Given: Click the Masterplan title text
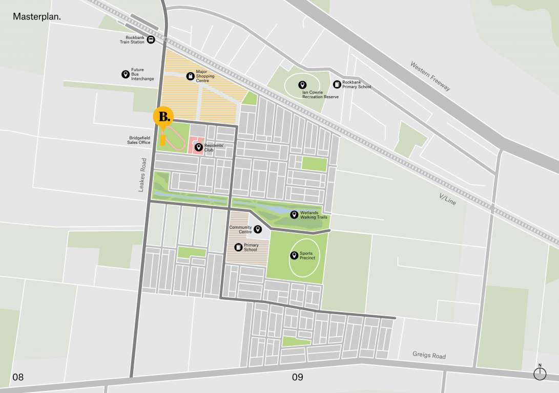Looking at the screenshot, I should (37, 16).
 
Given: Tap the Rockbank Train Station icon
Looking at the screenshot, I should (151, 40).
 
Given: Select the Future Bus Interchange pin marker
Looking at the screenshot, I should (125, 74).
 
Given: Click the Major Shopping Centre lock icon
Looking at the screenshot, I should (190, 76).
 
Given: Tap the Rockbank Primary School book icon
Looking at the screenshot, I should (337, 84).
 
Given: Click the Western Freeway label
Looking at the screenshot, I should (430, 77).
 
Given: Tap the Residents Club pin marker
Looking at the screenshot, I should (199, 147).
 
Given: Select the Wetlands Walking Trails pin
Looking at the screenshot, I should (294, 214).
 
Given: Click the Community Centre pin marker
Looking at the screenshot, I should (258, 229).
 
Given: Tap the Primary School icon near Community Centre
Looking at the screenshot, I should (238, 247).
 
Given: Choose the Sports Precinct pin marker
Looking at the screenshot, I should (294, 255).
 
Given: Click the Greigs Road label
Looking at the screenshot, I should (429, 356).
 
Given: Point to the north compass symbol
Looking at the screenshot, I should (540, 374).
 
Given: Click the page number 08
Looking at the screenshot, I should (18, 378).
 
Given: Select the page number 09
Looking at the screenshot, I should (297, 378).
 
